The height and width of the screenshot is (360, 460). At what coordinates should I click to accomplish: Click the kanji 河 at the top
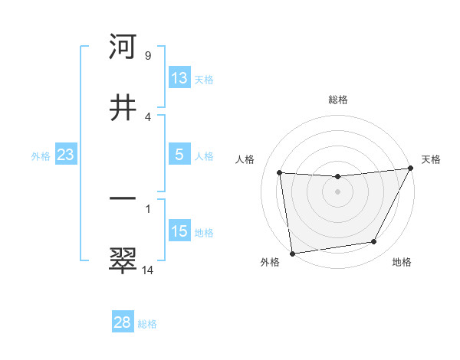point(123,47)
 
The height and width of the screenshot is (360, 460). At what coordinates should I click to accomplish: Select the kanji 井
point(123,108)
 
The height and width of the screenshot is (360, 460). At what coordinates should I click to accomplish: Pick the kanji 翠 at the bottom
point(123,260)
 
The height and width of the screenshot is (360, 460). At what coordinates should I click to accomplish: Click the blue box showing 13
point(179,78)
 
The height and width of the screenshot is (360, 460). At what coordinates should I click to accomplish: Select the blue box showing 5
point(179,155)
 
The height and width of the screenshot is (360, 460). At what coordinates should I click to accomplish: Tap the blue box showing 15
point(179,231)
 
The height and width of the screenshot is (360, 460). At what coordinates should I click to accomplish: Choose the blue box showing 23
point(65,155)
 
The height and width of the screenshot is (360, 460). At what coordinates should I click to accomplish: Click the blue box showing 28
point(123,322)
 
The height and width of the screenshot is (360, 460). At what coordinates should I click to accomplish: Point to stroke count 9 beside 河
point(148,56)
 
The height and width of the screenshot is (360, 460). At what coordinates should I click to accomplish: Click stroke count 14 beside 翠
point(148,270)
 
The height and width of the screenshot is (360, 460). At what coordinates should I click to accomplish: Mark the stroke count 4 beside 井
point(148,116)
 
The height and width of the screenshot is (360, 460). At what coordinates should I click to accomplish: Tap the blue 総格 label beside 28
point(147,324)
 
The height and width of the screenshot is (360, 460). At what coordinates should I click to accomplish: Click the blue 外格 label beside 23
point(41,156)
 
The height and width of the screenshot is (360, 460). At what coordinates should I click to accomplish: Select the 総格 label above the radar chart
point(337,100)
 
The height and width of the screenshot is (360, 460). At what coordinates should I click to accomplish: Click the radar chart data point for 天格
point(410,169)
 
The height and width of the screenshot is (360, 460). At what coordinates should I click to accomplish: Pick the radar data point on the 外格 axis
point(292,253)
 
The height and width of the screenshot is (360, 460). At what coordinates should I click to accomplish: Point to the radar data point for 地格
point(374,242)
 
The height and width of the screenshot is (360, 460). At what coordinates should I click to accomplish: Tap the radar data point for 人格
point(280,173)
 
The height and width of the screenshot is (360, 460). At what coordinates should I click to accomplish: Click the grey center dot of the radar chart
point(337,191)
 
